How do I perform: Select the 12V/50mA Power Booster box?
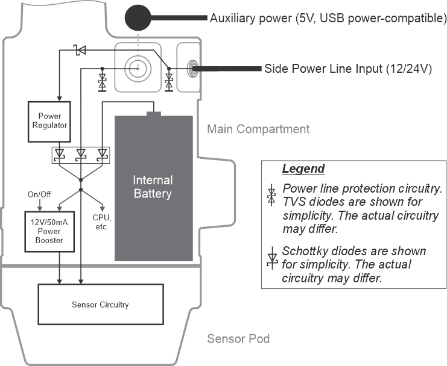(52, 231)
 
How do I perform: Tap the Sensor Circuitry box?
(101, 305)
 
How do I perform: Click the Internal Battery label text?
(153, 187)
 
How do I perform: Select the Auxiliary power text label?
(328, 18)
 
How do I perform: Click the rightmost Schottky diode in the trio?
(101, 155)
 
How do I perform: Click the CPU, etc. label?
(101, 221)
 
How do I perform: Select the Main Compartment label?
(258, 129)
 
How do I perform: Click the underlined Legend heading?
(303, 169)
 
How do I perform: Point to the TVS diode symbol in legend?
(271, 195)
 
